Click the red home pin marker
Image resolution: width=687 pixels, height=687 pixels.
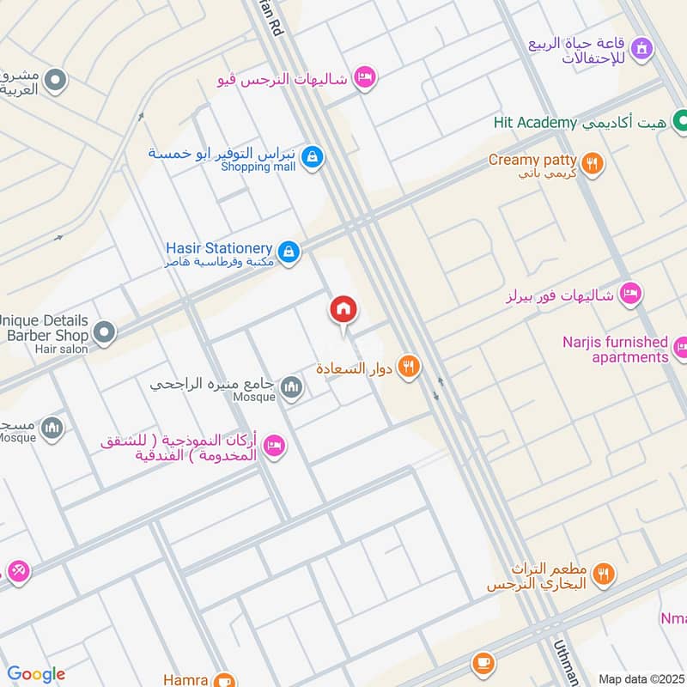click(x=343, y=310)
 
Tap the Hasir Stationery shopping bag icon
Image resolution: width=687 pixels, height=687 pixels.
click(x=290, y=250)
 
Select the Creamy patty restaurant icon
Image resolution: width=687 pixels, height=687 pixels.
click(x=591, y=162)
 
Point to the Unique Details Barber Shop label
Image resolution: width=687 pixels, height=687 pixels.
click(x=45, y=326)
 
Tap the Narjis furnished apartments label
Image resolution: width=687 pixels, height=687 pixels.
click(x=615, y=350)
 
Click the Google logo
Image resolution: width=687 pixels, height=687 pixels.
click(x=35, y=674)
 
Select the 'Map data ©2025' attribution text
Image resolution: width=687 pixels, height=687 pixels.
click(x=641, y=678)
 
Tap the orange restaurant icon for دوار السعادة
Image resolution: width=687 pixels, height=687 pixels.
click(x=409, y=367)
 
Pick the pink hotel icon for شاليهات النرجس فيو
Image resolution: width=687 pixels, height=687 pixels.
click(x=365, y=78)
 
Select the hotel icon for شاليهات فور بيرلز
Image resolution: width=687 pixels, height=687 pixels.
click(x=631, y=295)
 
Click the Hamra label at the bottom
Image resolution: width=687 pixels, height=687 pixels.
click(x=184, y=679)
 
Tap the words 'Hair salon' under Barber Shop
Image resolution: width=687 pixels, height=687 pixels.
click(x=61, y=350)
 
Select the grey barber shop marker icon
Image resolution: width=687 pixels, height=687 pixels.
click(x=105, y=331)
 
